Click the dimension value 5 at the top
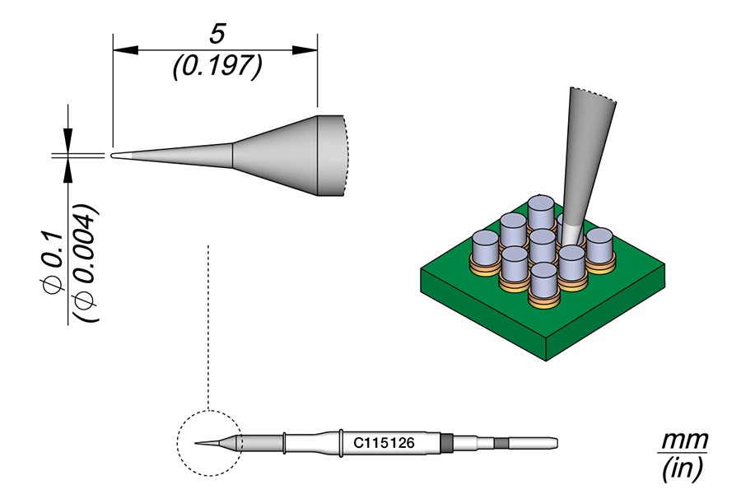(217, 34)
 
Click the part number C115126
(383, 443)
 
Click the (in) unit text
(683, 469)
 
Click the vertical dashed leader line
(210, 329)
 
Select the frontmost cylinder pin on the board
(543, 281)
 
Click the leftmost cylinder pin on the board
(486, 249)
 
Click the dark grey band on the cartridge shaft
(446, 443)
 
